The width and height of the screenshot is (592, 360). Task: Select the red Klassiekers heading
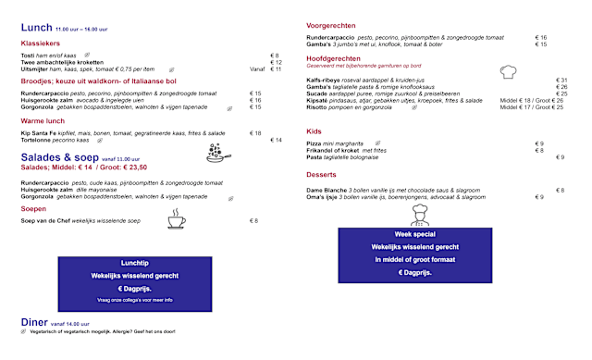pyautogui.click(x=40, y=43)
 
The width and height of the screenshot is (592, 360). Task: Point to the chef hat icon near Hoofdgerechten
pyautogui.click(x=506, y=71)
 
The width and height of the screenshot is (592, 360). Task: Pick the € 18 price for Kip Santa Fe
pyautogui.click(x=255, y=133)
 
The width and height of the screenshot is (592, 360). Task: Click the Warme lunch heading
pyautogui.click(x=43, y=121)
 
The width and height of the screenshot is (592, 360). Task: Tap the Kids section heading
pyautogui.click(x=314, y=131)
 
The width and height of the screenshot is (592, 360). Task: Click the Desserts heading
pyautogui.click(x=321, y=174)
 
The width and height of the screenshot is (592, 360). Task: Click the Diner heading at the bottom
pyautogui.click(x=35, y=321)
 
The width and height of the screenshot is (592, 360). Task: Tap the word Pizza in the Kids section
pyautogui.click(x=314, y=143)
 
